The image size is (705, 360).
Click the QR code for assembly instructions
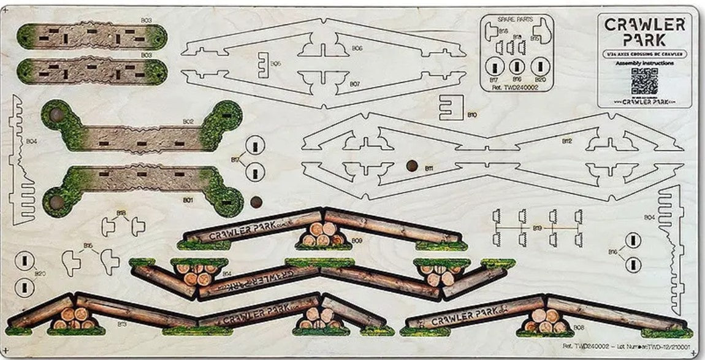tap(644, 81)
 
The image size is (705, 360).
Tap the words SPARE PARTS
tap(516, 20)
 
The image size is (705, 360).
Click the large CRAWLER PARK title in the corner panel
tap(644, 32)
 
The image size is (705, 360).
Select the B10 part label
tap(472, 115)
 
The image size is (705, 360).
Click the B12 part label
tap(566, 141)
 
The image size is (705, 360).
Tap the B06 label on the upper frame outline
tap(357, 48)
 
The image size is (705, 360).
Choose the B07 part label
tap(354, 83)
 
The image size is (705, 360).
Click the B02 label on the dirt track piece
tap(188, 121)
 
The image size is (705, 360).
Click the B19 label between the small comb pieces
tap(537, 229)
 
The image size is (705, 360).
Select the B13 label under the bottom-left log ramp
tap(122, 323)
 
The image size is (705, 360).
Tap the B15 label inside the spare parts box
tap(535, 38)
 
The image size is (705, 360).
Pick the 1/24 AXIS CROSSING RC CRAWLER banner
tap(644, 54)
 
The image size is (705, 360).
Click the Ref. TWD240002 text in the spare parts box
tap(516, 88)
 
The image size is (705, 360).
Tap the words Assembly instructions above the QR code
tap(644, 63)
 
